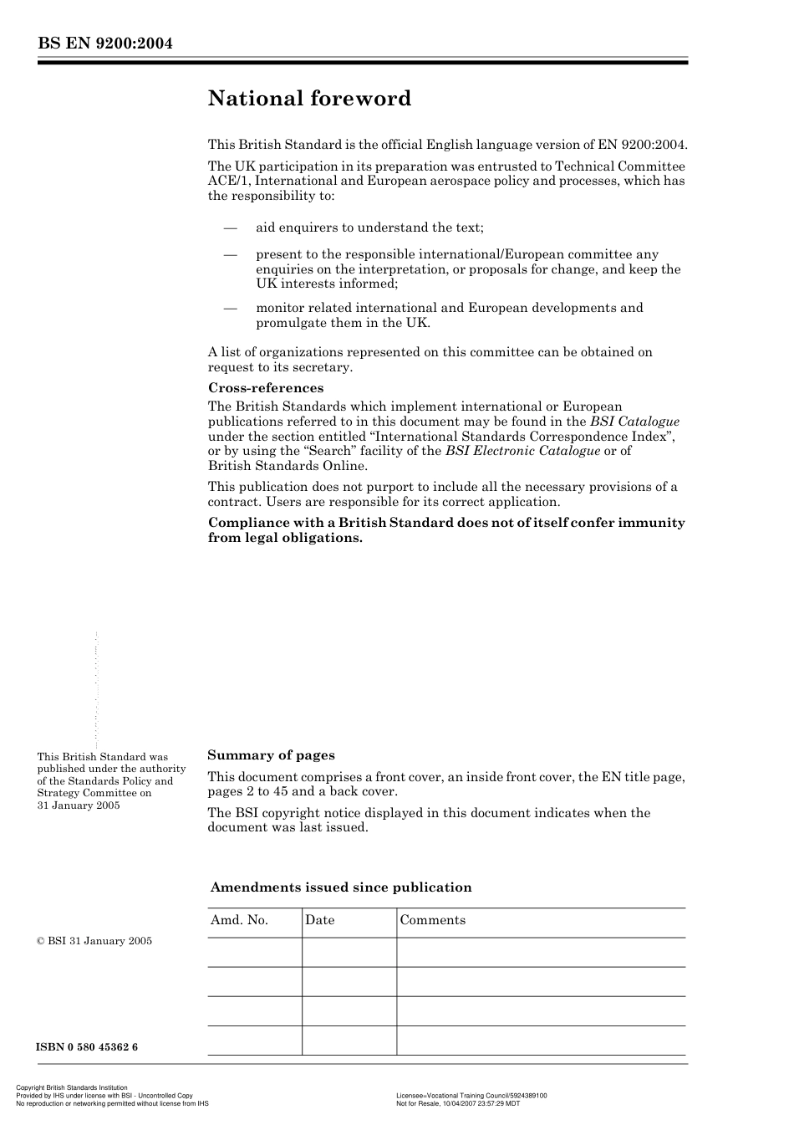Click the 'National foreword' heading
click(x=309, y=99)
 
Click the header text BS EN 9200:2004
click(x=104, y=43)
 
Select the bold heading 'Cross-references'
click(x=265, y=388)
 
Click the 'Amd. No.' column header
click(x=239, y=920)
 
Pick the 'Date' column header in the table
click(x=319, y=920)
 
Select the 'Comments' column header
click(x=432, y=920)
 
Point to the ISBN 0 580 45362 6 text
click(x=87, y=1047)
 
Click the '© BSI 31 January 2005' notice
click(x=94, y=941)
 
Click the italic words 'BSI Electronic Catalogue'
click(x=522, y=451)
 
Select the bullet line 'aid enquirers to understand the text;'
click(x=369, y=228)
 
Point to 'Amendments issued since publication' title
click(x=341, y=887)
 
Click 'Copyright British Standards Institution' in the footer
click(x=72, y=1088)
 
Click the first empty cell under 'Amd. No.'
click(x=254, y=952)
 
